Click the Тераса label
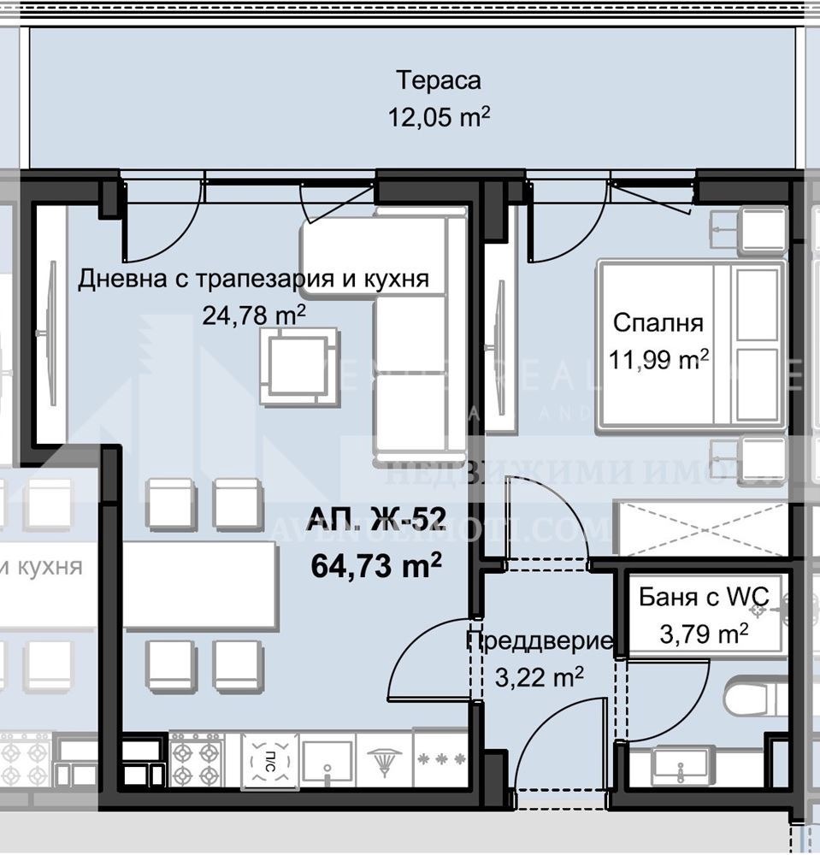[x=439, y=81]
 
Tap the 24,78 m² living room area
[x=254, y=315]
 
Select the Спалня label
[x=658, y=323]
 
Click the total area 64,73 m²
[x=376, y=566]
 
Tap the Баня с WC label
[x=704, y=597]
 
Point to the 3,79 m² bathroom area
[x=704, y=634]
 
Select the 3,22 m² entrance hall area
[x=539, y=678]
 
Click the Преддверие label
[x=540, y=641]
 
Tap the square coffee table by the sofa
[x=295, y=368]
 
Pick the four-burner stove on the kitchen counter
[x=197, y=759]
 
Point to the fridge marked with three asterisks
[x=440, y=759]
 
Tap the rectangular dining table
[x=200, y=586]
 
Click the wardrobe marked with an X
[x=701, y=529]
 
